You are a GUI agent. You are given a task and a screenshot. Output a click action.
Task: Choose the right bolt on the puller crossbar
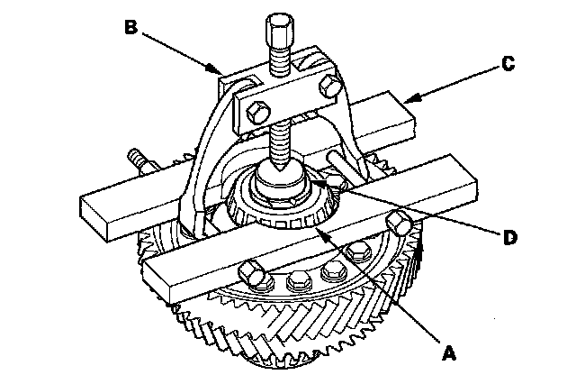pyautogui.click(x=329, y=86)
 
